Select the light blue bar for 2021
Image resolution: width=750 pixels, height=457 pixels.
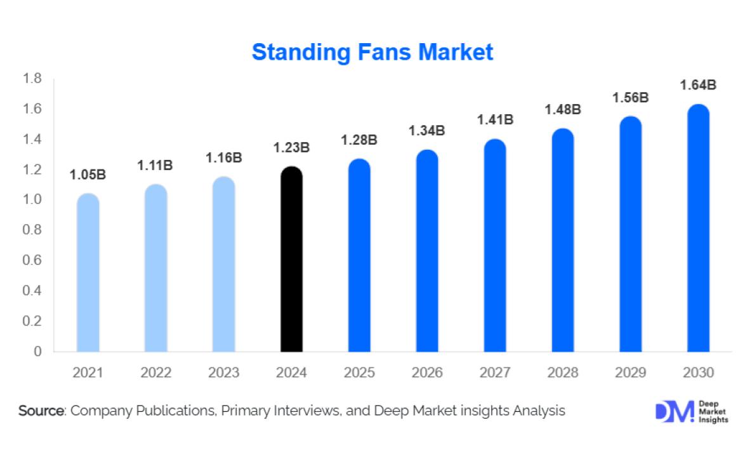point(88,272)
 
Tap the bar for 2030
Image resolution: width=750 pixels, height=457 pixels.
point(699,228)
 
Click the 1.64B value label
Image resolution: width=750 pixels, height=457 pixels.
point(699,85)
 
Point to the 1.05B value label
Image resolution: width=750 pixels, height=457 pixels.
point(88,175)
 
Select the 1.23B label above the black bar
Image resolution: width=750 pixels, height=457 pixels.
point(291,148)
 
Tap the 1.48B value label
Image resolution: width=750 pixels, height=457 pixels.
point(563,109)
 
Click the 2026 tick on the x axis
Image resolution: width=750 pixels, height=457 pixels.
point(427,373)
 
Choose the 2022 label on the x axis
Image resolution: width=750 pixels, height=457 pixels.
point(155,373)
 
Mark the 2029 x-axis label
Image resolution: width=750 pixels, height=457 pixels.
point(631,373)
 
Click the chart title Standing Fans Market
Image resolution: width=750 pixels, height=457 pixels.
point(372,52)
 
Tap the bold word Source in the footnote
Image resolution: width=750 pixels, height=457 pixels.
point(41,411)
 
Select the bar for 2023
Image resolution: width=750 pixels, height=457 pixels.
point(223,264)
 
